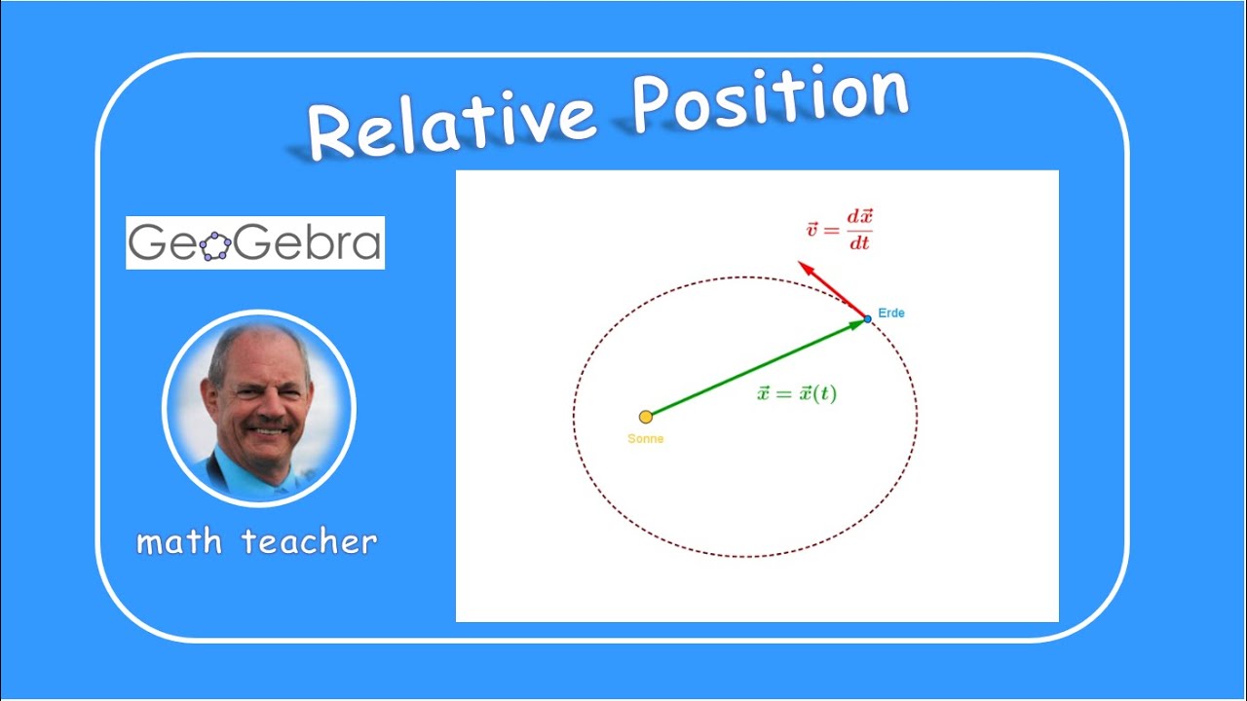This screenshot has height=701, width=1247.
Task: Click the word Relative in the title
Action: (x=451, y=121)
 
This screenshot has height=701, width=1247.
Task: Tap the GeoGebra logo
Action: (x=255, y=242)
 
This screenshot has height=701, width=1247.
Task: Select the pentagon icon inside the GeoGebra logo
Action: (x=215, y=245)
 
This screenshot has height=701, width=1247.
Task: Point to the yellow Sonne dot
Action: (x=645, y=417)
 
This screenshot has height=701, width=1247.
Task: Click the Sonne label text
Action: (x=645, y=439)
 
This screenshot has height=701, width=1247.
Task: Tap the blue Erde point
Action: (x=867, y=318)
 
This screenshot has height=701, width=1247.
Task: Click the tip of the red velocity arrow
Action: (x=800, y=263)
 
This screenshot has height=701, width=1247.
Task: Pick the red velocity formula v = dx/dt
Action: (x=839, y=230)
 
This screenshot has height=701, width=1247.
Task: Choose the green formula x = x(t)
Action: (x=796, y=394)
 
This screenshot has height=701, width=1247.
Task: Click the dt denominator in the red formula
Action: (x=858, y=243)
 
